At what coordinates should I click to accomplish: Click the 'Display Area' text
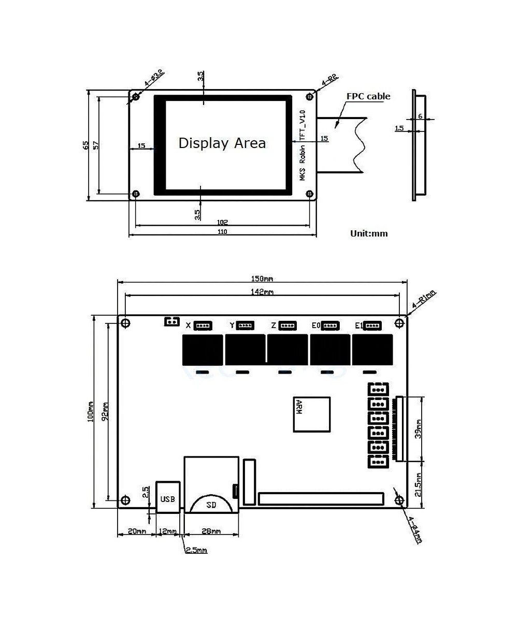click(x=222, y=143)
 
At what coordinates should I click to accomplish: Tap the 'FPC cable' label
click(x=368, y=96)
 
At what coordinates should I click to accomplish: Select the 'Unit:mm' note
click(x=369, y=233)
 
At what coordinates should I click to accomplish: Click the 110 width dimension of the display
click(x=222, y=232)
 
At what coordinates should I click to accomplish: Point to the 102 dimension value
click(x=222, y=222)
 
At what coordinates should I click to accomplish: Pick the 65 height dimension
click(x=86, y=145)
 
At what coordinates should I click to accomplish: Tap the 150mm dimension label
click(x=262, y=279)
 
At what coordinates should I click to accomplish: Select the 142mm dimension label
click(x=262, y=292)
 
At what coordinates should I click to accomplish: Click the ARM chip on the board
click(x=312, y=415)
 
